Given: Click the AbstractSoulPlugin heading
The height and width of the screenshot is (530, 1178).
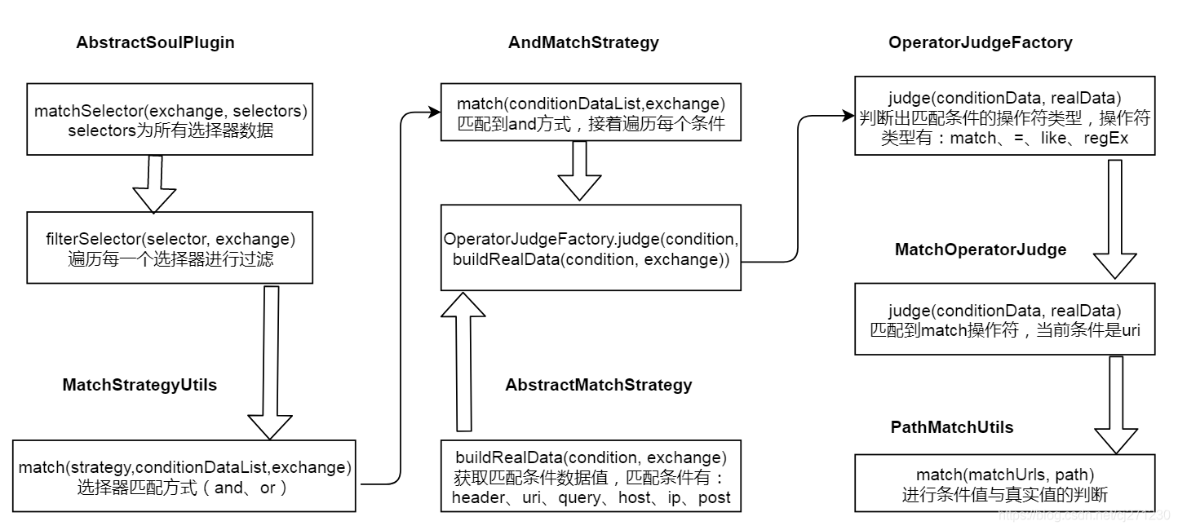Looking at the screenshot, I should click(155, 42).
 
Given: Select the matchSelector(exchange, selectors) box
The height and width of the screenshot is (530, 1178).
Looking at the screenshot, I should click(169, 119).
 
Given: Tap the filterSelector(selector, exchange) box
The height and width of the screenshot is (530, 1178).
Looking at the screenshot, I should click(169, 248).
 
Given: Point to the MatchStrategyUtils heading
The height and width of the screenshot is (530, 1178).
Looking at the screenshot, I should click(139, 385).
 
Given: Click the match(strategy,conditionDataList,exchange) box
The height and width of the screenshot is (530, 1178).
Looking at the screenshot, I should click(184, 476).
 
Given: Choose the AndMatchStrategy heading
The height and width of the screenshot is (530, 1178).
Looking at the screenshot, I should click(582, 42).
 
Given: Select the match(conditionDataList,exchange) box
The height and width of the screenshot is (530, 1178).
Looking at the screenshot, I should click(591, 113).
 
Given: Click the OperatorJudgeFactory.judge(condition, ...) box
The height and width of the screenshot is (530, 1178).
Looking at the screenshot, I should click(591, 248).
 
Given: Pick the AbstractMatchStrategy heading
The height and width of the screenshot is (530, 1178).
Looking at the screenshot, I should click(598, 385).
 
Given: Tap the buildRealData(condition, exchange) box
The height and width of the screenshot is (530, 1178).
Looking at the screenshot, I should click(591, 476).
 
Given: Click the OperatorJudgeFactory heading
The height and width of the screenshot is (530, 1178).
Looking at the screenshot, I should click(980, 42).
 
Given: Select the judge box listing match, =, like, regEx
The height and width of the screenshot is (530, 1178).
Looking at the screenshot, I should click(1004, 116).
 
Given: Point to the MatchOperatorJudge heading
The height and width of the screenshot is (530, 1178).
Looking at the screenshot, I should click(980, 250).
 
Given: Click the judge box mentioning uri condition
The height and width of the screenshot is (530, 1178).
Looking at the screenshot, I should click(1004, 319).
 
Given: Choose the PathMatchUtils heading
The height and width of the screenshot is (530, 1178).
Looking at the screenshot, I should click(953, 427).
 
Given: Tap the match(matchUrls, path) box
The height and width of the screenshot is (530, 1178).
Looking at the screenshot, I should click(1004, 483).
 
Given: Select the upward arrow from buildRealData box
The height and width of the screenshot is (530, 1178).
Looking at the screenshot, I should click(463, 359).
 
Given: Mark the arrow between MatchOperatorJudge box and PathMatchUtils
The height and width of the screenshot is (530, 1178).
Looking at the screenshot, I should click(1116, 404).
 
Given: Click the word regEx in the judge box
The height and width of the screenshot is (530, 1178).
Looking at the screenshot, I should click(1106, 139).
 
